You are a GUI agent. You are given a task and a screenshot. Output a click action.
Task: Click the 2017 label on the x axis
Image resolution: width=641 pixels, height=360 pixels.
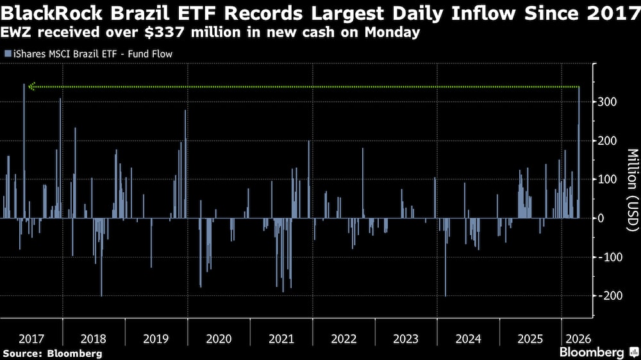tap(31, 338)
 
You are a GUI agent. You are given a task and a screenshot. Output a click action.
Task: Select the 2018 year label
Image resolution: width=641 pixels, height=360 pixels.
tap(94, 338)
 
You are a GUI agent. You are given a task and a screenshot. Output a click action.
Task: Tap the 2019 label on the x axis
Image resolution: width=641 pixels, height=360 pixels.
tap(156, 338)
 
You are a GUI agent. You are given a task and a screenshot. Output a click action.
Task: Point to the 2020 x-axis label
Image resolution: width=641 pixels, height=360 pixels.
tap(219, 338)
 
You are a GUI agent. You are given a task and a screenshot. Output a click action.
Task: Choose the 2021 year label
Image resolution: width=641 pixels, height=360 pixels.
tap(281, 338)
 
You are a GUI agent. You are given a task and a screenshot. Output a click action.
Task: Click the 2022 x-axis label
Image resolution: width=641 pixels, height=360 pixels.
tap(343, 338)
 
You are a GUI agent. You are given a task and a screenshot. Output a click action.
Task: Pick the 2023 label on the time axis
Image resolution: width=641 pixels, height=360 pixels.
tap(405, 338)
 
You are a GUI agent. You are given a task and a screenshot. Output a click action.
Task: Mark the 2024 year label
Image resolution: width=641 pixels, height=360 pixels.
tap(468, 338)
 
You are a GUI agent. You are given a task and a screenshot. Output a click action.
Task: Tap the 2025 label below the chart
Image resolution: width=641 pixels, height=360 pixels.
tap(530, 338)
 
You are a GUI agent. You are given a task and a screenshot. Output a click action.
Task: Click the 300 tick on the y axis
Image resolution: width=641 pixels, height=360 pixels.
tap(610, 102)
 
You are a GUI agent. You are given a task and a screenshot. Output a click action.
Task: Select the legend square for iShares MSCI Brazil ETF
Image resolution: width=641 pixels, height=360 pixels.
tap(8, 54)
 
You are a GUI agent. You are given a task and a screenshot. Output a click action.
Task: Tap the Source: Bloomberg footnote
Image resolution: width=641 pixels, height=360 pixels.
tap(53, 353)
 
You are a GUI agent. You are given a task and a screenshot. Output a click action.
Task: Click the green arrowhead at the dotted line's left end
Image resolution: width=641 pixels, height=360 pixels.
tap(32, 86)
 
